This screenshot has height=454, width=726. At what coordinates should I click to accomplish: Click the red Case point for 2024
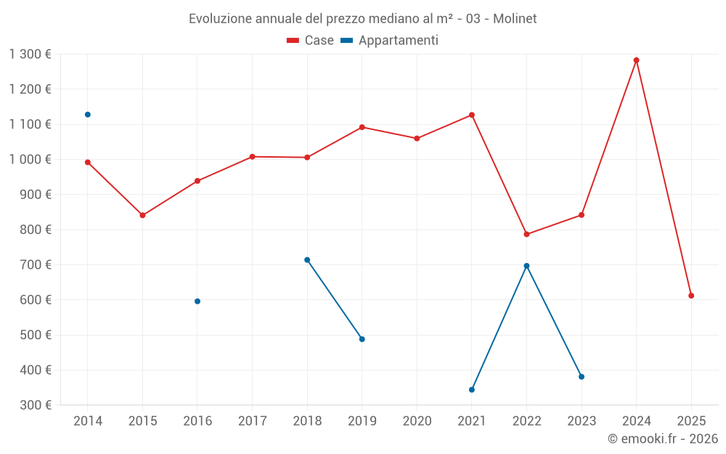pyautogui.click(x=637, y=60)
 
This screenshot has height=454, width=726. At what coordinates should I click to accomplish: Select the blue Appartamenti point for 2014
pyautogui.click(x=88, y=115)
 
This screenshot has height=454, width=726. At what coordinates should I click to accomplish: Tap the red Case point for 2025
pyautogui.click(x=691, y=296)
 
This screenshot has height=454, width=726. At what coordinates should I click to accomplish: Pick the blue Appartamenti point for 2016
pyautogui.click(x=197, y=301)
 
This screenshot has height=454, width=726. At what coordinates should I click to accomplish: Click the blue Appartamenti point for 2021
pyautogui.click(x=472, y=390)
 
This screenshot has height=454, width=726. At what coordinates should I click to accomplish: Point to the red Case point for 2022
pyautogui.click(x=527, y=235)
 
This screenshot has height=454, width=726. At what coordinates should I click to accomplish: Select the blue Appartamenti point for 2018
pyautogui.click(x=307, y=260)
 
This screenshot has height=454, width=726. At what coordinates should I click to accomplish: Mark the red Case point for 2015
pyautogui.click(x=142, y=215)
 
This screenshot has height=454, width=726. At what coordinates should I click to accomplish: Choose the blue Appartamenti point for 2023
pyautogui.click(x=582, y=376)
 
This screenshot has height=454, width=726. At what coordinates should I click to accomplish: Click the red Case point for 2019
pyautogui.click(x=362, y=127)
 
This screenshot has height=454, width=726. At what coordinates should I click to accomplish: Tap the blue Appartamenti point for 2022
pyautogui.click(x=527, y=266)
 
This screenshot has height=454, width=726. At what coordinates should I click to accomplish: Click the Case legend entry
pyautogui.click(x=311, y=41)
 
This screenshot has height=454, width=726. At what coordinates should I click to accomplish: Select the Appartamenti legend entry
pyautogui.click(x=390, y=41)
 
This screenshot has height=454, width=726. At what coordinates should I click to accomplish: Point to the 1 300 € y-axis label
pyautogui.click(x=30, y=54)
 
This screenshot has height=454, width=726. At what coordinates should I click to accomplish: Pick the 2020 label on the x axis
pyautogui.click(x=417, y=421)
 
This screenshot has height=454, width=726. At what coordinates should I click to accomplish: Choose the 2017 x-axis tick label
pyautogui.click(x=252, y=421)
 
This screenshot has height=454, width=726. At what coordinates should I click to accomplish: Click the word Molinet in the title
pyautogui.click(x=515, y=19)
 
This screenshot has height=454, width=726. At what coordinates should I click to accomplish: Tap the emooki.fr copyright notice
pyautogui.click(x=662, y=439)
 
